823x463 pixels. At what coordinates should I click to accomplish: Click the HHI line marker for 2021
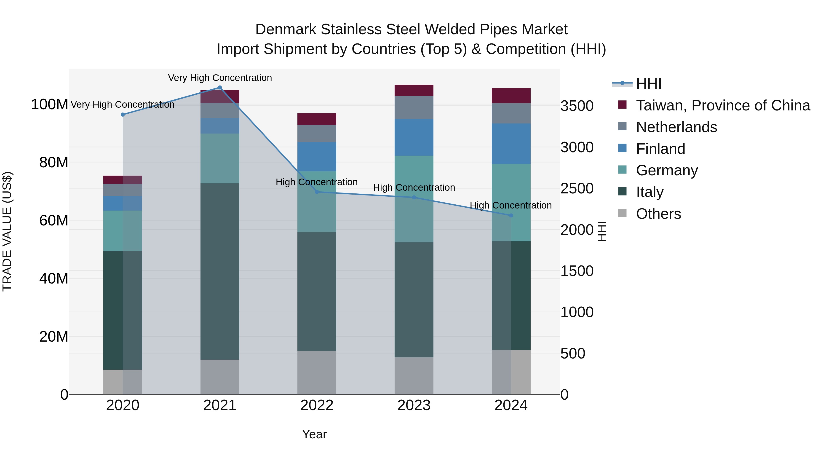pos(220,88)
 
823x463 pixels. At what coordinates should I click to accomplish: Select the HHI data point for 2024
pos(511,215)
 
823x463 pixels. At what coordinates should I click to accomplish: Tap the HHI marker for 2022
pos(317,192)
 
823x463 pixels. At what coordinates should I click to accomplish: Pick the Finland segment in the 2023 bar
pos(414,137)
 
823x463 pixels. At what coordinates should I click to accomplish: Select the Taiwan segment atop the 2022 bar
pos(317,119)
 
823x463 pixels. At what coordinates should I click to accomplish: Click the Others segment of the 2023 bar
pos(414,375)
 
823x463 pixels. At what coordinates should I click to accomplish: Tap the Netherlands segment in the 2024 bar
pos(511,113)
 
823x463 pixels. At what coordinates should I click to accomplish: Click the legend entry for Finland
pos(660,149)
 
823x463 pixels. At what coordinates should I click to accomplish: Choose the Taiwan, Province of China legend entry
pos(723,105)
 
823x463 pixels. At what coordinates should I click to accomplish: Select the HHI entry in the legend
pos(648,84)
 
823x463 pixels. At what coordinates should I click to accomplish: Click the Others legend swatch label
pos(658,214)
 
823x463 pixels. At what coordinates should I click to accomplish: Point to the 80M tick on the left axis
pos(54,162)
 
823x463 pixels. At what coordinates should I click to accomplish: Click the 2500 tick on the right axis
pos(577,189)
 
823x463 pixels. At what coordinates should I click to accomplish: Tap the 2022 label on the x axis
pos(317,405)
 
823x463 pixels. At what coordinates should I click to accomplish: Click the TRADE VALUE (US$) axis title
pos(7,231)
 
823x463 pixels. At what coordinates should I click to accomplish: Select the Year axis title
pos(314,434)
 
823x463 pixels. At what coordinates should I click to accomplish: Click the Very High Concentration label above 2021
pos(220,78)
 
